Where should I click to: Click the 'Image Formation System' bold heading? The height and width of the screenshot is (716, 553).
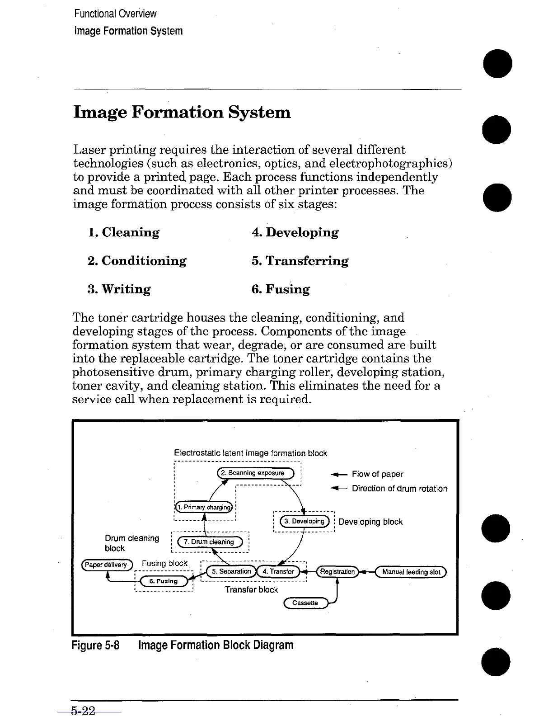point(182,112)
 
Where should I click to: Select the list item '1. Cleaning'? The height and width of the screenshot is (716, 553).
point(123,232)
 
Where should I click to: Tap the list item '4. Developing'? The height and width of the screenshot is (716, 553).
point(295,232)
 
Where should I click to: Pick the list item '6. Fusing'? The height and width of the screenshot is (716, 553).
point(281,289)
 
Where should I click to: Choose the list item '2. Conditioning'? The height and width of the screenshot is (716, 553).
point(137,261)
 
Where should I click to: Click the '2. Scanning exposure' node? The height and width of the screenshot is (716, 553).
point(256,473)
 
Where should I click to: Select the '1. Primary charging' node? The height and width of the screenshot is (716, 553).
point(204,507)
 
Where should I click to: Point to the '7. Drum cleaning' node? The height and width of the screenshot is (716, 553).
point(211,542)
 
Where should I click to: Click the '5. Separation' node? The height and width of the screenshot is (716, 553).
point(231,571)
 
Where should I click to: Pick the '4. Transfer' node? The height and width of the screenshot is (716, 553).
point(278,571)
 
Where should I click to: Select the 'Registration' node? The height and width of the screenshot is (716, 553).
point(337,572)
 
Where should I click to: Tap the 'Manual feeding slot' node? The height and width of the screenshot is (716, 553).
point(411,572)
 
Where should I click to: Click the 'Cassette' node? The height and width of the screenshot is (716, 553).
point(305,603)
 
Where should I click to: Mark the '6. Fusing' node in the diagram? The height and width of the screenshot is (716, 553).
point(163,581)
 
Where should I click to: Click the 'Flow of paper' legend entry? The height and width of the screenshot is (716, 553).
point(377,474)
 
